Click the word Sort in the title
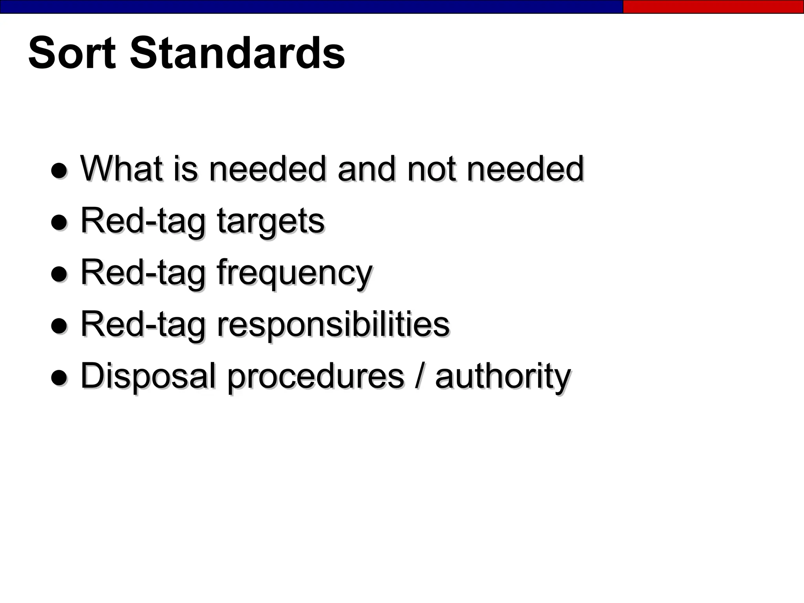pos(72,53)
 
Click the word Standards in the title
pos(237,53)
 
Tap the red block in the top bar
pos(713,7)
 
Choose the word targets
pos(270,221)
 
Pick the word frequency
pos(294,273)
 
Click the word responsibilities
pos(333,325)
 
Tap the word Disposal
pos(148,376)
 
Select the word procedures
pos(316,376)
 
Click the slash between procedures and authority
pos(419,376)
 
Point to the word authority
pos(502,376)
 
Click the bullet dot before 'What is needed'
pos(59,171)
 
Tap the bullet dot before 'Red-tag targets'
pos(59,223)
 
